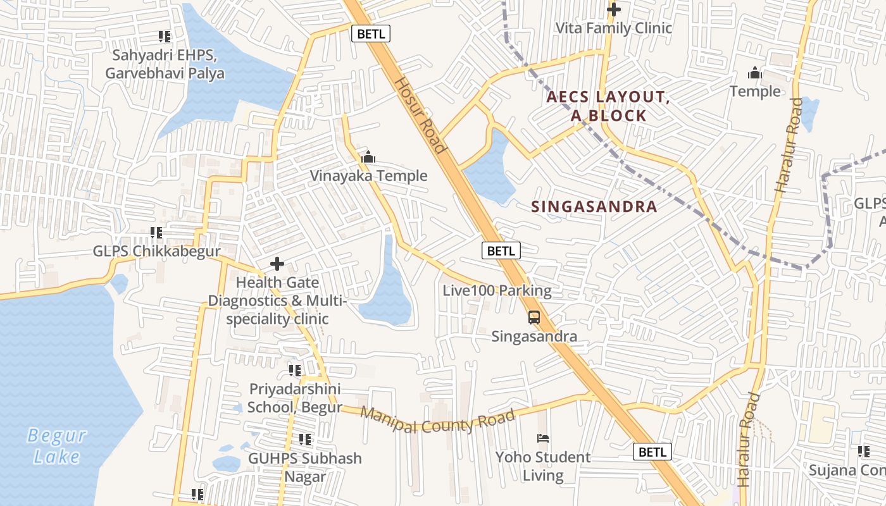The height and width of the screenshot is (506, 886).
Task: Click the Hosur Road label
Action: pyautogui.click(x=421, y=115)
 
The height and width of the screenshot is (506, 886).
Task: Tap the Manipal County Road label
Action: pyautogui.click(x=437, y=421)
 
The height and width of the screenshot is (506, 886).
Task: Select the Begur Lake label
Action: pyautogui.click(x=57, y=445)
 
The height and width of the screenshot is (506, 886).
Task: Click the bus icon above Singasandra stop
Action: pyautogui.click(x=534, y=318)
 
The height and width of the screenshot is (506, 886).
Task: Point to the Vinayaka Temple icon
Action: pyautogui.click(x=368, y=157)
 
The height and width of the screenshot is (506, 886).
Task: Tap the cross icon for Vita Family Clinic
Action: pyautogui.click(x=613, y=9)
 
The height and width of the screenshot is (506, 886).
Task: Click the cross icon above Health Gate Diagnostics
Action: pyautogui.click(x=277, y=264)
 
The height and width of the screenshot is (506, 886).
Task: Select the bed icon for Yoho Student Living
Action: pyautogui.click(x=542, y=438)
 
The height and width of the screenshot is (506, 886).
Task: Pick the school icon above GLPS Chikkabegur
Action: pyautogui.click(x=156, y=233)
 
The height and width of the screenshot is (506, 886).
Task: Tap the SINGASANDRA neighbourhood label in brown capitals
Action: pyautogui.click(x=594, y=207)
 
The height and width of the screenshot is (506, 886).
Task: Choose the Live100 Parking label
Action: pyautogui.click(x=497, y=291)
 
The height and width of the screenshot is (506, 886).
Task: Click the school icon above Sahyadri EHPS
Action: pyautogui.click(x=165, y=37)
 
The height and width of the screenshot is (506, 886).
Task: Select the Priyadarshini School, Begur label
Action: pyautogui.click(x=295, y=398)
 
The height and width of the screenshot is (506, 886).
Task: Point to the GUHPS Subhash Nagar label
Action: pyautogui.click(x=305, y=467)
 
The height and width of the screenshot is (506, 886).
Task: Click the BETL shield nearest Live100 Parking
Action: pyautogui.click(x=501, y=250)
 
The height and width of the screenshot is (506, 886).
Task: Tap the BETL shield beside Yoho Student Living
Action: pyautogui.click(x=652, y=452)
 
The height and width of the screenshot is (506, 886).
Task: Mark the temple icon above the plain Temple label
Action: pyautogui.click(x=754, y=73)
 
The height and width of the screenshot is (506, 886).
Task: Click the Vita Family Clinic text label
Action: pyautogui.click(x=613, y=28)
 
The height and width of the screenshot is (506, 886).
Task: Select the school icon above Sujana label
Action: pyautogui.click(x=863, y=452)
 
